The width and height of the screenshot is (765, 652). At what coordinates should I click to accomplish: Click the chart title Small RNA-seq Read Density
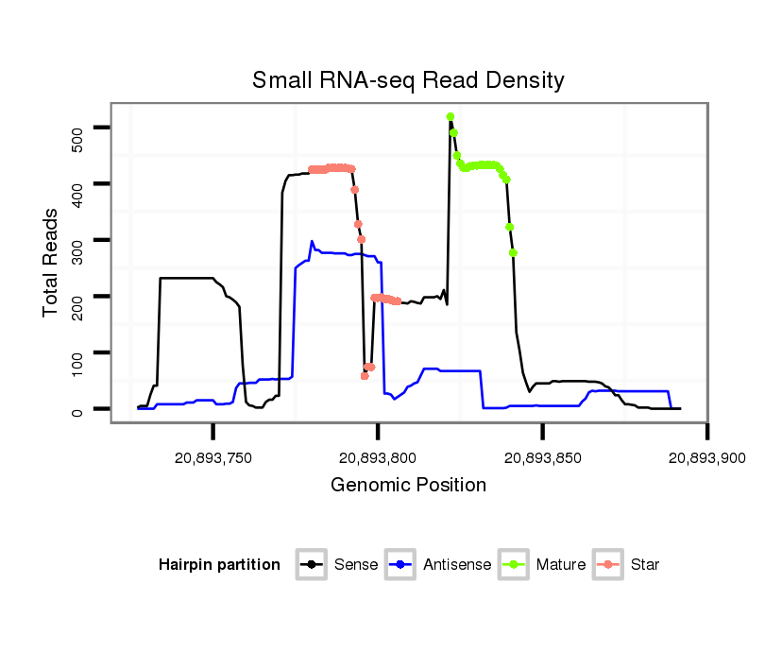point(408,80)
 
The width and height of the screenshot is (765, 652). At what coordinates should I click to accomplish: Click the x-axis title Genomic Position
point(408,486)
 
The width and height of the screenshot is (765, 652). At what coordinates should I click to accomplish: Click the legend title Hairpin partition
point(219,565)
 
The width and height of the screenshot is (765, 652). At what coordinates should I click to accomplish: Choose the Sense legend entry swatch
point(311,565)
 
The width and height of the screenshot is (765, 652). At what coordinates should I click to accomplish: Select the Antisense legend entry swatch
point(401,565)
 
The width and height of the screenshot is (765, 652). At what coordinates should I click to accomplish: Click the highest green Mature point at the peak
point(450,116)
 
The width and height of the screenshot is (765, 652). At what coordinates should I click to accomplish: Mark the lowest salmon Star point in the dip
point(365,376)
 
